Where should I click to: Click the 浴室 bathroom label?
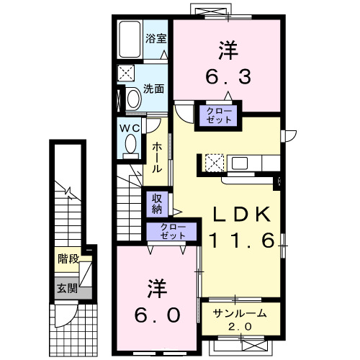pos(156,38)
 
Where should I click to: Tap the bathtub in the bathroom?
pos(130,40)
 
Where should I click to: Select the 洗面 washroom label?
pos(153,89)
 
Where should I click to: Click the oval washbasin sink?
pos(134,99)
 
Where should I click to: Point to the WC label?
pos(130,128)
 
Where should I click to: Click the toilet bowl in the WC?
pos(131,143)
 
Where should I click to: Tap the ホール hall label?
pos(157,158)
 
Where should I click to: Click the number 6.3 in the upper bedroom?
pos(228,77)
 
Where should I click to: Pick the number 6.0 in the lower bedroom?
pos(158,315)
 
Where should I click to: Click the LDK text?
pos(242,215)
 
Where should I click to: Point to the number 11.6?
pos(242,240)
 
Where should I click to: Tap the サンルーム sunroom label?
pos(240,313)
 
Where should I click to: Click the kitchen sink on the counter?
pos(239,163)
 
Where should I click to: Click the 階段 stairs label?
pos(68,259)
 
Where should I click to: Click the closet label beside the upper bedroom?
pos(219,115)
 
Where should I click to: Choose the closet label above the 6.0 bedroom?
pos(173,231)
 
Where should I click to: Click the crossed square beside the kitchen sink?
pos(215,163)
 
